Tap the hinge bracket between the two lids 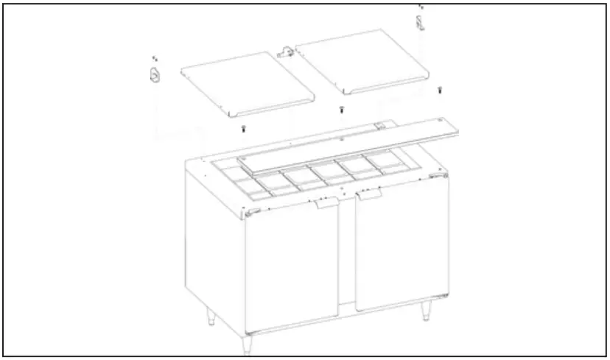tap(285, 52)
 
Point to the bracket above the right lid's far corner tap(420, 24)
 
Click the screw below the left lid tap(243, 130)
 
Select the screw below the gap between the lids tap(341, 110)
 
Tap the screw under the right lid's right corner tap(440, 90)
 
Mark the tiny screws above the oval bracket tap(154, 57)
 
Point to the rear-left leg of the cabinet tap(210, 317)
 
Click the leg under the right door tap(427, 311)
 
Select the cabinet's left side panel tap(214, 243)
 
